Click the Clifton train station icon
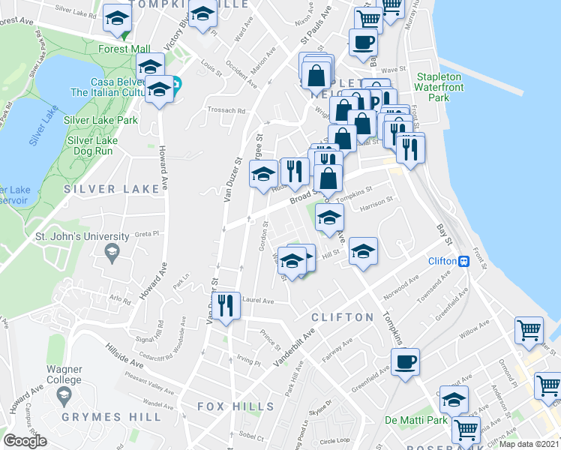tap(464, 261)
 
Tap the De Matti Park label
tap(415, 420)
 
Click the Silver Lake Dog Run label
tap(93, 145)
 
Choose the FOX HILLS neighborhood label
tap(235, 406)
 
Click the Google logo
tap(25, 441)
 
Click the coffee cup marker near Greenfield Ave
tap(405, 363)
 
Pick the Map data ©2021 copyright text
tap(529, 444)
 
